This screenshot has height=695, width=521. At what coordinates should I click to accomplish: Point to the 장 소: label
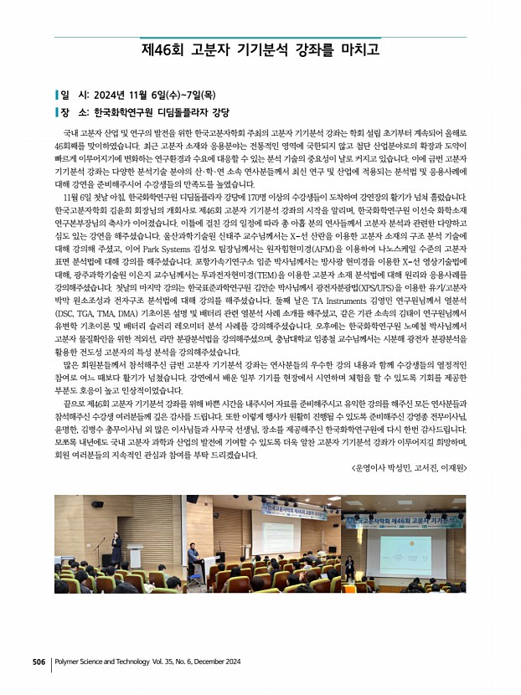[68, 111]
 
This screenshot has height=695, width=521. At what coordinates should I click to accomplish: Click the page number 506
[39, 662]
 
